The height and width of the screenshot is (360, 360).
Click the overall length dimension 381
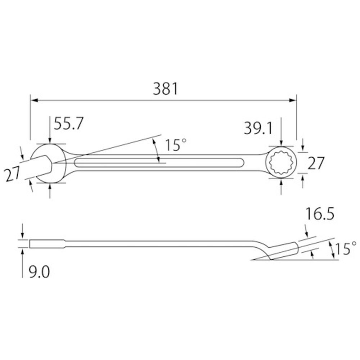pyautogui.click(x=166, y=89)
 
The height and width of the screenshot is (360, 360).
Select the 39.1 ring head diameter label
pyautogui.click(x=258, y=129)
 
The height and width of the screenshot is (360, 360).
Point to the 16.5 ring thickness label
pyautogui.click(x=320, y=215)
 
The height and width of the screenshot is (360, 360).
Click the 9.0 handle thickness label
pyautogui.click(x=39, y=273)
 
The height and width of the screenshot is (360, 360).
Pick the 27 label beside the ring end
pyautogui.click(x=315, y=163)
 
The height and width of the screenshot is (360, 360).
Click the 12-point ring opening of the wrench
pyautogui.click(x=281, y=162)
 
